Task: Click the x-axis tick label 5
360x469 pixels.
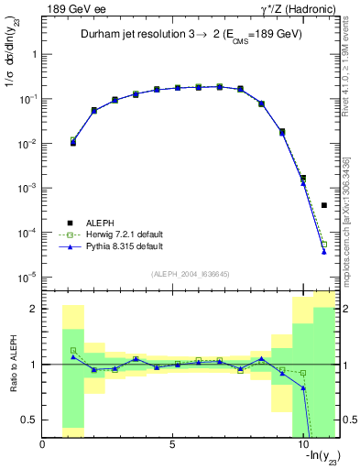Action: point(172,445)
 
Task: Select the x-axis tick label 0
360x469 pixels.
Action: point(42,445)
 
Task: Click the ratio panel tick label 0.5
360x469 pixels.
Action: point(27,420)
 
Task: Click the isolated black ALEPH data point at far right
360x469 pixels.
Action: point(324,205)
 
